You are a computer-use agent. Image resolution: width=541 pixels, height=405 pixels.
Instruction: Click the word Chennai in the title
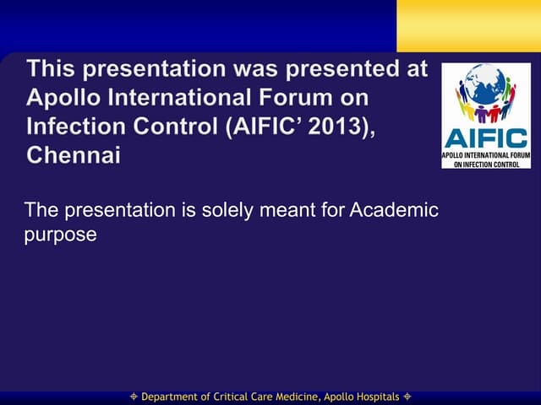pos(74,155)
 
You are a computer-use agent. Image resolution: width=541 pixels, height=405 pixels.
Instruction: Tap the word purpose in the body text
pos(60,234)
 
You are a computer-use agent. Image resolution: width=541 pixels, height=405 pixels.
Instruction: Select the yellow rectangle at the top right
pos(468,25)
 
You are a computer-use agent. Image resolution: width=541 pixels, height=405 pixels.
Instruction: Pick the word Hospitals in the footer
pos(371,397)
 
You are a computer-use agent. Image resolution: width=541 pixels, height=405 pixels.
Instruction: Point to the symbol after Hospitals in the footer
pos(407,397)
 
